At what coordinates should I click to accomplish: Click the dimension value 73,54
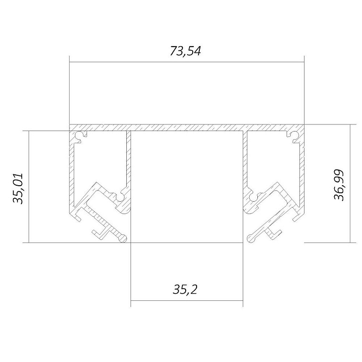[x=185, y=51]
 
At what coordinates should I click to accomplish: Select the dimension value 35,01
[x=18, y=189]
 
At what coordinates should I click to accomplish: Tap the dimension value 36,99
[x=339, y=185]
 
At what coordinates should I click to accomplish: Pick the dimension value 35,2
[x=185, y=289]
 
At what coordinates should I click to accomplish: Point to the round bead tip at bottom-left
[x=123, y=238]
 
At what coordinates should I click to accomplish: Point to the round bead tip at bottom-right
[x=251, y=238]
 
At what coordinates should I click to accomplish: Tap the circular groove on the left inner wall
[x=121, y=197]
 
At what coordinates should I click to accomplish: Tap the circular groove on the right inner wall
[x=253, y=197]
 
